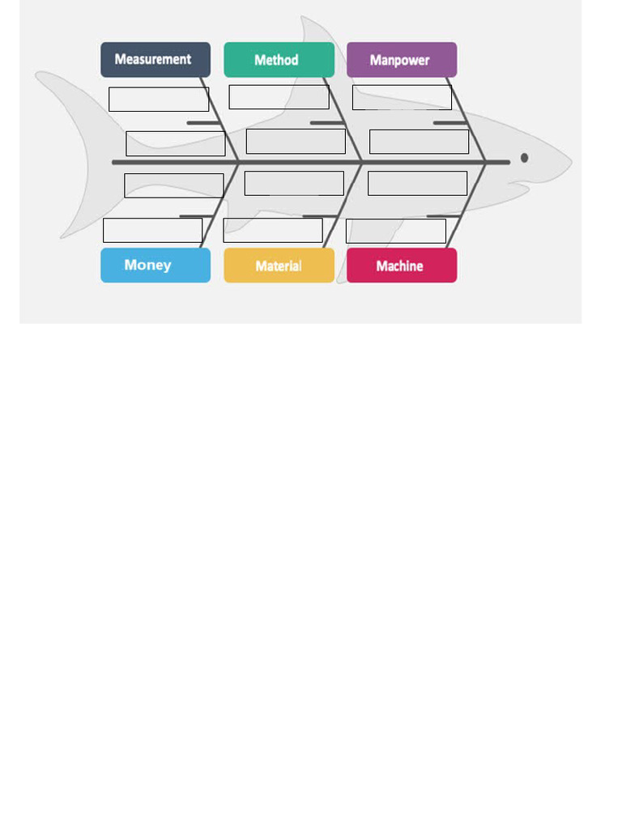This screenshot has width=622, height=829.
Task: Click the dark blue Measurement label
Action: tap(155, 60)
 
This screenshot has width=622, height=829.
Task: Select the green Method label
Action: tap(279, 60)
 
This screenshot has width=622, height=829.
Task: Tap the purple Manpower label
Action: tap(402, 60)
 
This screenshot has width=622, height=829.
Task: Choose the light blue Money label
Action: tap(155, 266)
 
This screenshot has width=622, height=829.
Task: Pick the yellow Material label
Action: tap(279, 266)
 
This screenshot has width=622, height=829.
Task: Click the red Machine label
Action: tap(402, 266)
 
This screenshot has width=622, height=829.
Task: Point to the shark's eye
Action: tap(524, 158)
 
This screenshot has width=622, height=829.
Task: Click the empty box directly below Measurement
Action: tap(159, 100)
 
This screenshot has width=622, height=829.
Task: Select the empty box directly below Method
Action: tap(279, 97)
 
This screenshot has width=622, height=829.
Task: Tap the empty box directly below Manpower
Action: tap(402, 97)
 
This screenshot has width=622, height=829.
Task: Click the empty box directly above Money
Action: tap(153, 230)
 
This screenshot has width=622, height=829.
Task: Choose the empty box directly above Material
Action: tap(273, 230)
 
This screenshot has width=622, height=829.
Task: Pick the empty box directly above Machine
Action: tap(396, 231)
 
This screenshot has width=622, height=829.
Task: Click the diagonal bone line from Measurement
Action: tap(219, 120)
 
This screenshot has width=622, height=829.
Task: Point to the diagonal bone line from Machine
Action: tap(466, 205)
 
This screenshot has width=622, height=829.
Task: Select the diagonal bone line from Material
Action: tap(343, 205)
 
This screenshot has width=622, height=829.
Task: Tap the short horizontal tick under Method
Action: tap(326, 123)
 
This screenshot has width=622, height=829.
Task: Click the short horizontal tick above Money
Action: tap(196, 216)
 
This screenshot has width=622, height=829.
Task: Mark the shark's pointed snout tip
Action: tap(571, 161)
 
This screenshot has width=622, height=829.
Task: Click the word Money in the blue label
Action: tap(147, 265)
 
